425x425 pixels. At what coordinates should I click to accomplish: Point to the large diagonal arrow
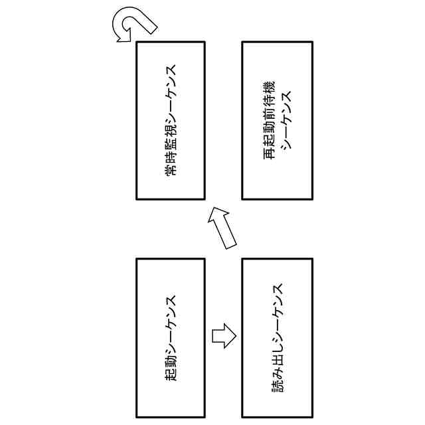[x=224, y=227]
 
